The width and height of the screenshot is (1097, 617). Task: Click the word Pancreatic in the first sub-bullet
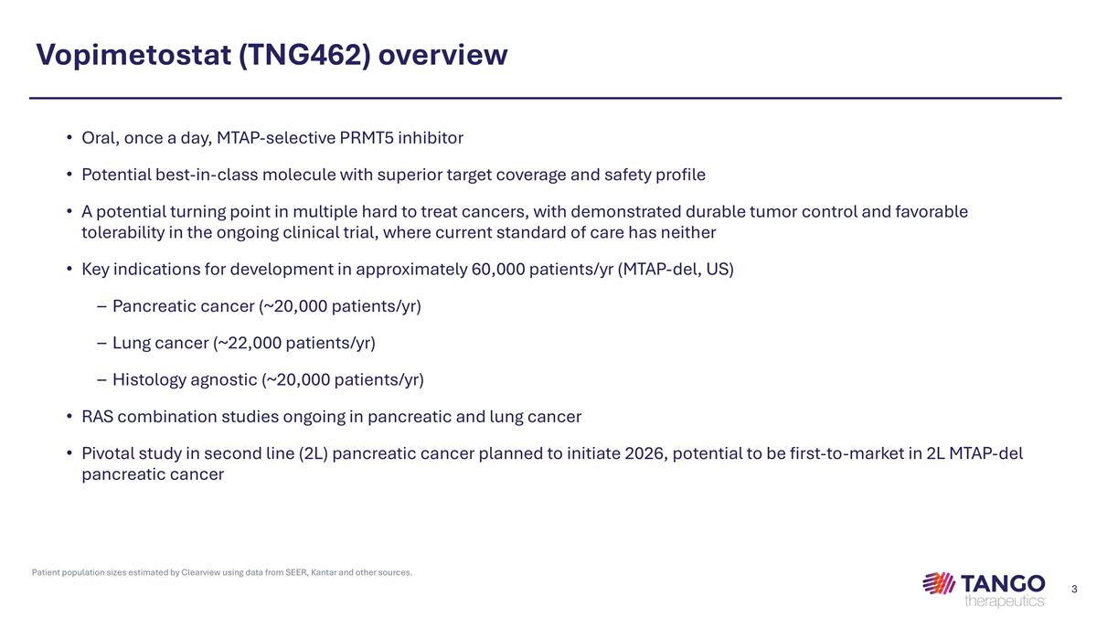point(150,306)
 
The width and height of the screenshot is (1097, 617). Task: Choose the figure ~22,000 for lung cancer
point(249,343)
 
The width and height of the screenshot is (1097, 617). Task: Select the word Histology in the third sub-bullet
point(149,379)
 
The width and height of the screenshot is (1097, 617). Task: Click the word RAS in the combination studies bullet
point(97,417)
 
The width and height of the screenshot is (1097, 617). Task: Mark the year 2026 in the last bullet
point(645,453)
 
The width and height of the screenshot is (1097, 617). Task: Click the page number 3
point(1074,588)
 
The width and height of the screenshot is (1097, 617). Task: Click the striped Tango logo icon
point(939,583)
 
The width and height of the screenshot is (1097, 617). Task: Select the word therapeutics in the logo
point(1003,601)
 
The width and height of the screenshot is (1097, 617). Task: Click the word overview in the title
point(442,56)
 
